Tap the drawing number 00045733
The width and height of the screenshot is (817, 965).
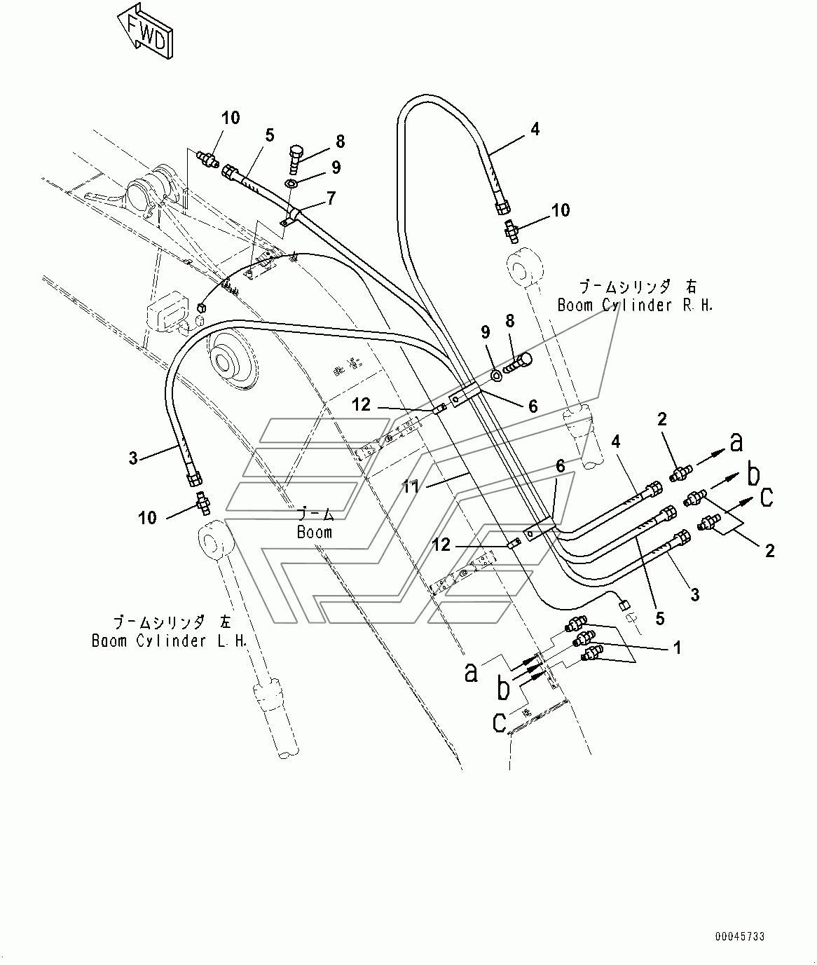739,936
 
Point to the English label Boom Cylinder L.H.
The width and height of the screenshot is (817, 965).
170,641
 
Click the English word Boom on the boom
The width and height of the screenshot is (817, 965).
314,532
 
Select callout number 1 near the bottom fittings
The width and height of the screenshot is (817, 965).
677,648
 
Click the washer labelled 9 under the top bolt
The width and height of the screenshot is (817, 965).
291,184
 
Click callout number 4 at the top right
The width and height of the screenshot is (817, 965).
535,129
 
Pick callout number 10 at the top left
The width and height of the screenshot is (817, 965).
231,118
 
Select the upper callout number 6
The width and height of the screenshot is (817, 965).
533,406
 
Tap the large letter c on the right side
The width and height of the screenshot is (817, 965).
767,496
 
